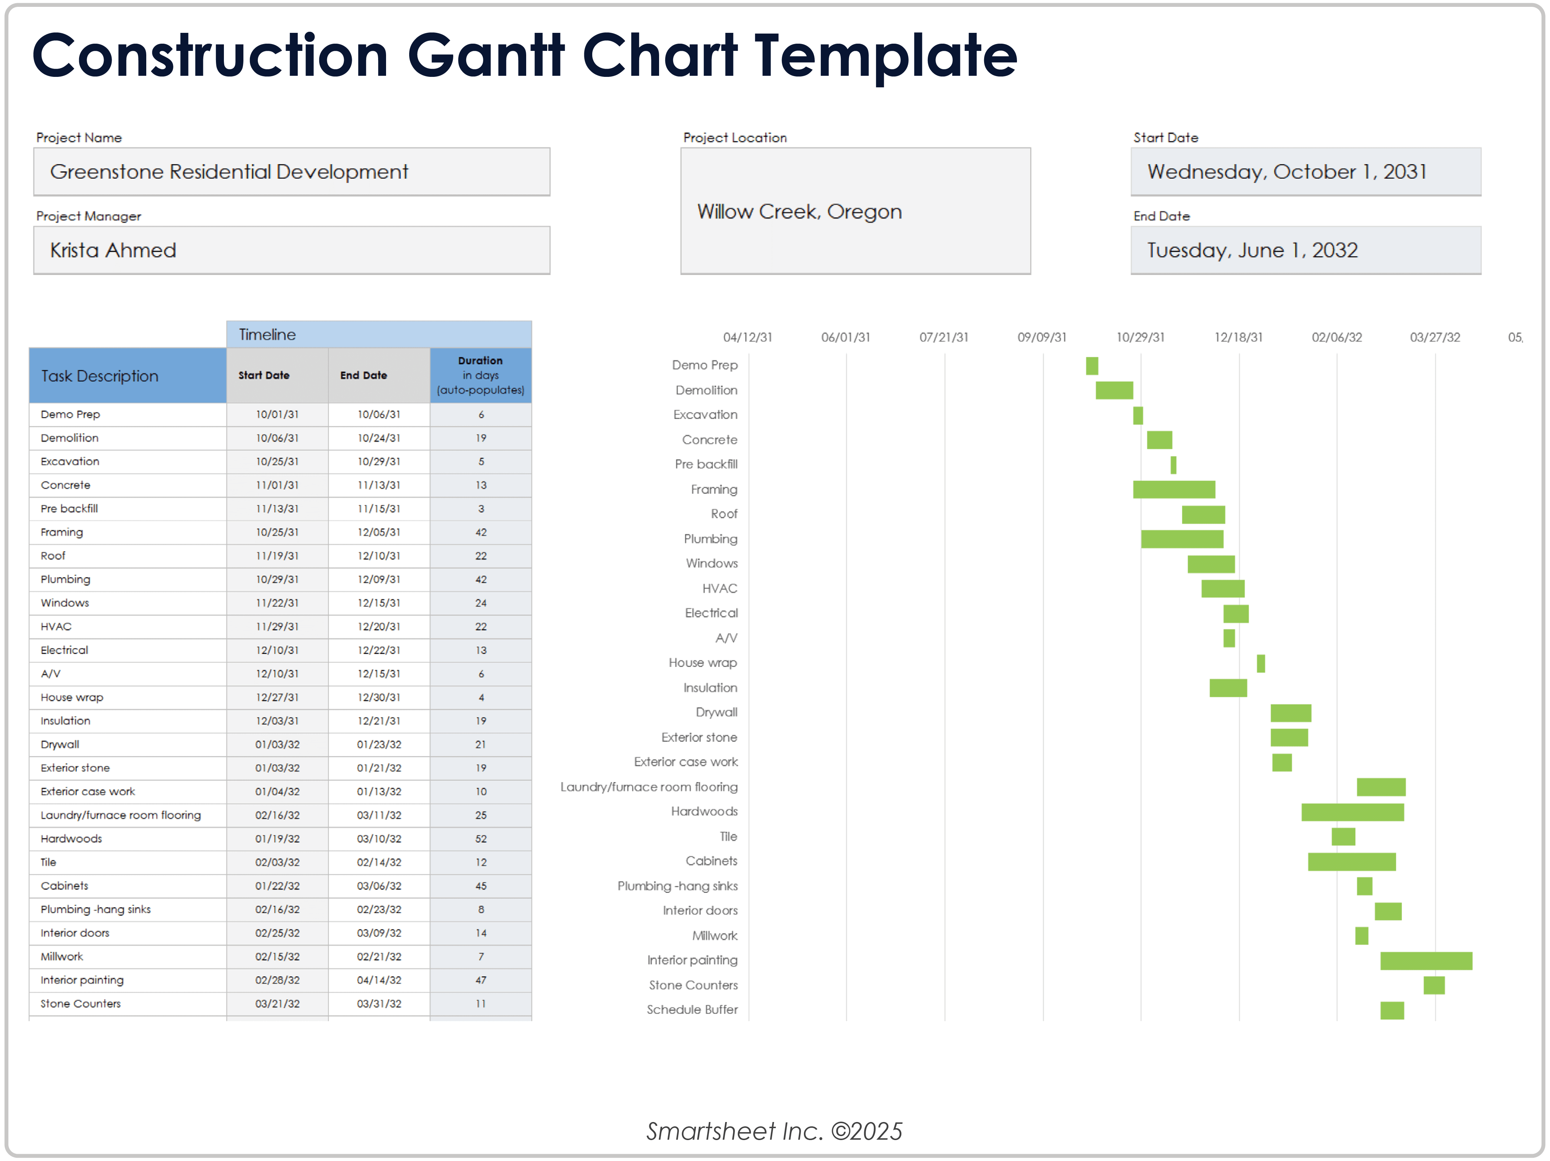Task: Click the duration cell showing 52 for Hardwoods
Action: (x=481, y=838)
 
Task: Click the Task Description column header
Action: (x=100, y=376)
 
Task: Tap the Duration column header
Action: (x=481, y=375)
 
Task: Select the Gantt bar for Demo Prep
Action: (x=1092, y=366)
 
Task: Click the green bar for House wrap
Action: (x=1261, y=663)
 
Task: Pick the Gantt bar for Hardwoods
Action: (x=1352, y=812)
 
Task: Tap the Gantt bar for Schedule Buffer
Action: (x=1391, y=1011)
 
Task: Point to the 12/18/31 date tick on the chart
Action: (x=1238, y=337)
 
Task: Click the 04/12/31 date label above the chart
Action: (x=748, y=337)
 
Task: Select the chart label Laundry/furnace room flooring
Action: (x=649, y=787)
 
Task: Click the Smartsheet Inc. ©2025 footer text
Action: (x=774, y=1131)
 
